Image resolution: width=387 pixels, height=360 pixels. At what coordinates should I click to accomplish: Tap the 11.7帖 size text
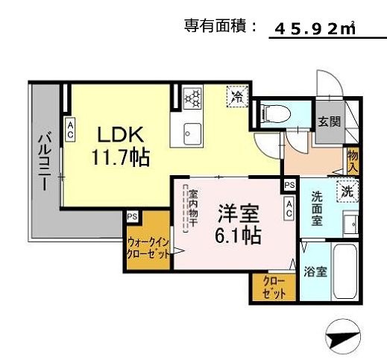120,158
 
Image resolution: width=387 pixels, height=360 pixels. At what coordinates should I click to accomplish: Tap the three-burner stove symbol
192,97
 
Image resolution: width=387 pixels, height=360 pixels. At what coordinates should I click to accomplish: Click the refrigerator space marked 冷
236,96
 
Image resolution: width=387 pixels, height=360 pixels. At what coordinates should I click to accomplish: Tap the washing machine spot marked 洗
347,191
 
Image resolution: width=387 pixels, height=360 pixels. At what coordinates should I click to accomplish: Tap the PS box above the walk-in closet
132,216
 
